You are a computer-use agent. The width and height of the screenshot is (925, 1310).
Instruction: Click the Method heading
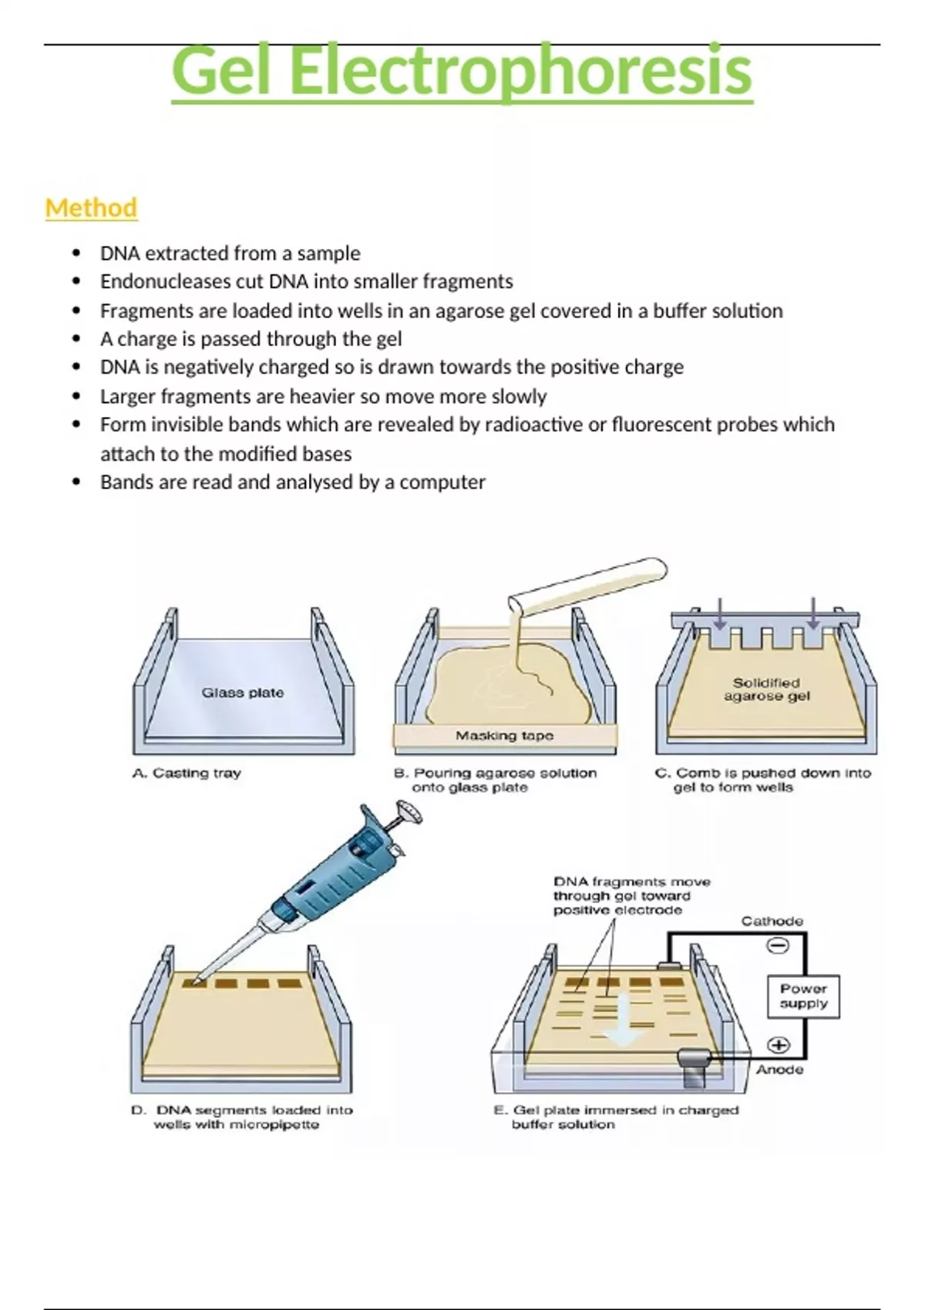(91, 207)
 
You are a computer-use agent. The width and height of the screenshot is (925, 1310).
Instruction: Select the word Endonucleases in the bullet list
(161, 281)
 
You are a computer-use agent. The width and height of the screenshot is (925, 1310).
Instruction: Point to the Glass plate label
(243, 693)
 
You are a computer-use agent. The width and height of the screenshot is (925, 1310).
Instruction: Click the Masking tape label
(504, 736)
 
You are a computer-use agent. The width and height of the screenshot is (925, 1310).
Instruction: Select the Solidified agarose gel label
(766, 689)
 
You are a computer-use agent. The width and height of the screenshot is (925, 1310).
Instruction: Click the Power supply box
(803, 996)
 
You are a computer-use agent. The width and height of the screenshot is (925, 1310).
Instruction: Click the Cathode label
(772, 921)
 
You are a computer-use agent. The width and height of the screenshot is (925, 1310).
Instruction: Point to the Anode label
(779, 1070)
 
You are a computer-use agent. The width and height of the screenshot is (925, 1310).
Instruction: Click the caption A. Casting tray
(187, 773)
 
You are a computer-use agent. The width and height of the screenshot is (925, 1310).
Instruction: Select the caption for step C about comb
(762, 780)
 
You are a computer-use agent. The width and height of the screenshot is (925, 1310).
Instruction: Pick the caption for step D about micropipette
(242, 1117)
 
